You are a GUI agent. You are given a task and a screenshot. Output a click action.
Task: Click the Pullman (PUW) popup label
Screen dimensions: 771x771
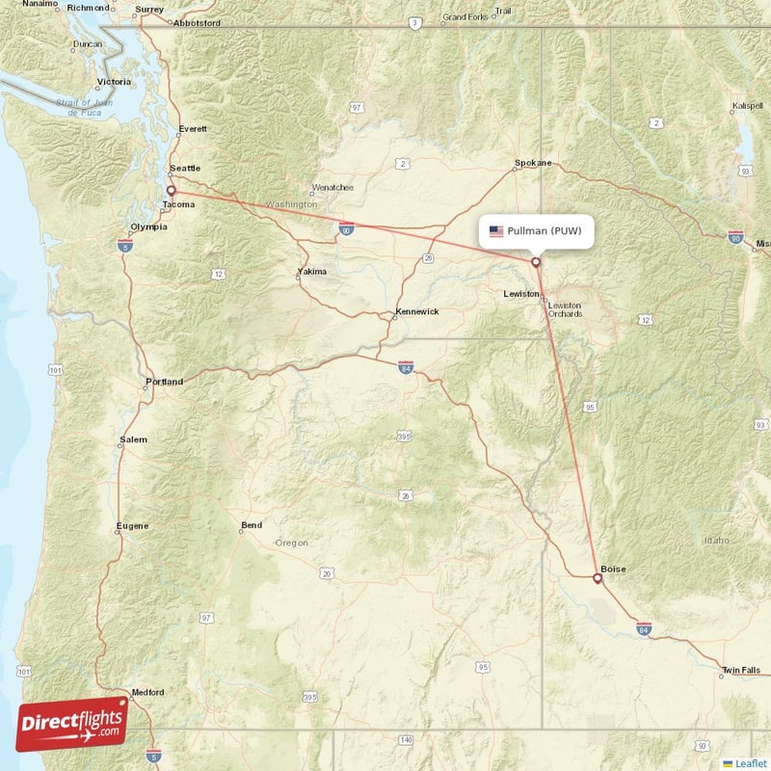tap(536, 231)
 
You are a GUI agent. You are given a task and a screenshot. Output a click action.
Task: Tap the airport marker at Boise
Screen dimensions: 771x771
tap(597, 578)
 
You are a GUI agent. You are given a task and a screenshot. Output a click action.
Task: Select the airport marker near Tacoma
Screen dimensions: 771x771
tap(172, 191)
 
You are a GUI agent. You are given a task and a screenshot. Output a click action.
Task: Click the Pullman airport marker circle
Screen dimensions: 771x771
tap(536, 261)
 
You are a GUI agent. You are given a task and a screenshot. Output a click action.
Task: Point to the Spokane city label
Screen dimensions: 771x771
tap(533, 163)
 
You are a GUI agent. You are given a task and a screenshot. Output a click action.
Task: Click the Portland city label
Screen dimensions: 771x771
tap(164, 382)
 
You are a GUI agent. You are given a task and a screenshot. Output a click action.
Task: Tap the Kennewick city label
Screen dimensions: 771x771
tap(416, 312)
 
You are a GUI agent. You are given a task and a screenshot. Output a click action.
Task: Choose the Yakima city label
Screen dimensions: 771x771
tap(311, 272)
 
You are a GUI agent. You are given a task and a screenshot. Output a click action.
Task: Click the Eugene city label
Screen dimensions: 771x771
tap(132, 525)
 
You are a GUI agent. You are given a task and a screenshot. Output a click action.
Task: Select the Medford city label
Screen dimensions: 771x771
tap(148, 692)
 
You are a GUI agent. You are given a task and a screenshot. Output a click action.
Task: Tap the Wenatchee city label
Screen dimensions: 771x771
tap(332, 188)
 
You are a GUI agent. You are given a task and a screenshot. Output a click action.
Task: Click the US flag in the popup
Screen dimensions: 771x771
tap(496, 231)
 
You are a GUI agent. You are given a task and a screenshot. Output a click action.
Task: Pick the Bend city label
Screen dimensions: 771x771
tap(251, 526)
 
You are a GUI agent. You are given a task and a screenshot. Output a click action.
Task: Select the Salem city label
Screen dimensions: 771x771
tap(134, 439)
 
